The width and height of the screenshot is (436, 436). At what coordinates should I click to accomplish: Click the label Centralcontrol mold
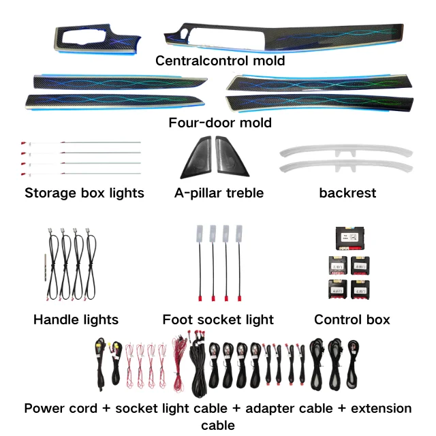click(x=220, y=61)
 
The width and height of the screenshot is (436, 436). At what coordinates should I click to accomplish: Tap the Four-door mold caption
click(x=220, y=123)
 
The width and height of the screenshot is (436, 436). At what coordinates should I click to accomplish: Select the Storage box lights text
click(x=84, y=193)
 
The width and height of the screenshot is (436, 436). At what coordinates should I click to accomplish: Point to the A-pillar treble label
click(x=219, y=193)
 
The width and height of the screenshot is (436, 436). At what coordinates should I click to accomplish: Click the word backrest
click(x=347, y=193)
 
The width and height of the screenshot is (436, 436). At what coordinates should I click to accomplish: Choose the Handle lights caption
click(x=76, y=319)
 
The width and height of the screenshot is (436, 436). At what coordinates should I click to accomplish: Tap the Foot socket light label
click(x=218, y=319)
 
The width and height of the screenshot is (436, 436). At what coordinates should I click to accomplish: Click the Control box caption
click(x=352, y=319)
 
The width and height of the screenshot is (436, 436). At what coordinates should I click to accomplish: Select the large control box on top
click(x=352, y=238)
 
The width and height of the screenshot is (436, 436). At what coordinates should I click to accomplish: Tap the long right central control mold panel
click(x=286, y=40)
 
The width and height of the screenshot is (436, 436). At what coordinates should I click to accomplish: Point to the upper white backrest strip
click(x=346, y=152)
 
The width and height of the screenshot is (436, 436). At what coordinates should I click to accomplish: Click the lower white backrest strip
click(x=346, y=165)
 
